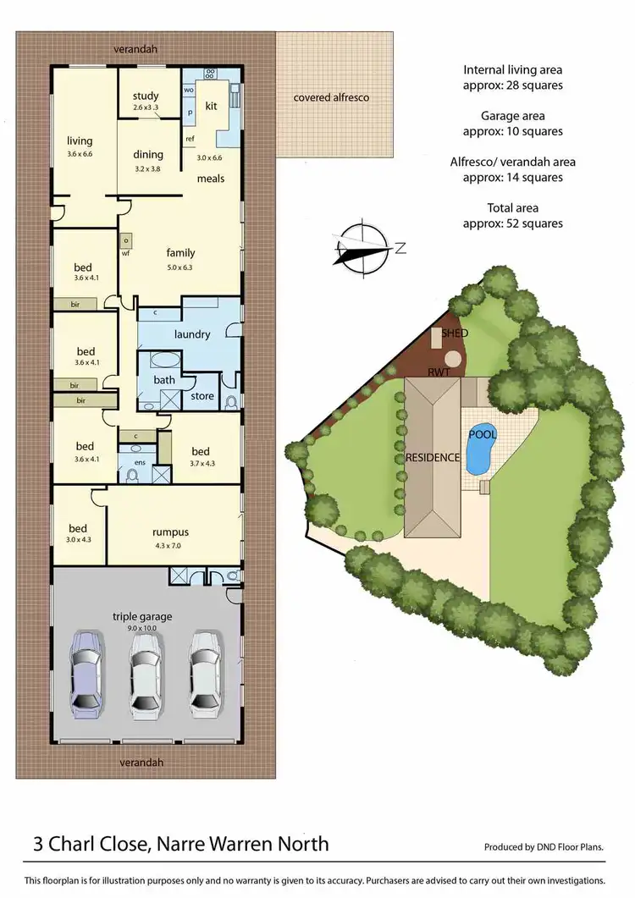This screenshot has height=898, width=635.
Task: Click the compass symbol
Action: tap(362, 246)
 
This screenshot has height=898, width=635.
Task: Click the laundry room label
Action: tap(192, 333)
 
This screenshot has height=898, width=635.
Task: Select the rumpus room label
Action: tap(170, 532)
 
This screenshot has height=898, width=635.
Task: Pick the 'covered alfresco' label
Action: tap(331, 97)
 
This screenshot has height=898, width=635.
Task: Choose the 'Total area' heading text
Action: tap(512, 207)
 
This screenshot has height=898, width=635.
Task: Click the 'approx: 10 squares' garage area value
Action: tap(512, 131)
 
